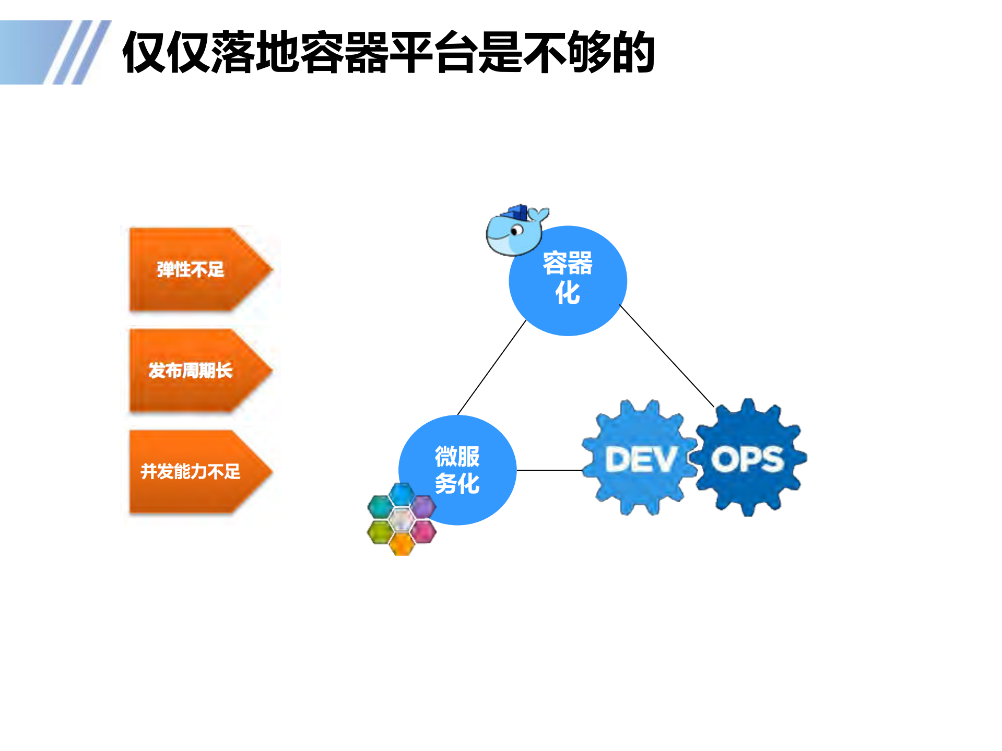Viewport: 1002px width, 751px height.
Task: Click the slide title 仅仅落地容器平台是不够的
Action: pyautogui.click(x=388, y=52)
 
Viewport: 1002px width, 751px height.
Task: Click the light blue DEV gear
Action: pyautogui.click(x=640, y=459)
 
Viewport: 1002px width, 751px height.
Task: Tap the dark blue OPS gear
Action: pyautogui.click(x=749, y=459)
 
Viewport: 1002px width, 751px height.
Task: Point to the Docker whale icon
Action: pyautogui.click(x=514, y=232)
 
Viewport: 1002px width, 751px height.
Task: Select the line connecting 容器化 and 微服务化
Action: pyautogui.click(x=491, y=367)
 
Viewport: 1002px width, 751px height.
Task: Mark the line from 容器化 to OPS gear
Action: pyautogui.click(x=666, y=355)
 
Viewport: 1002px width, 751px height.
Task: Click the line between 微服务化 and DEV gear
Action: pyautogui.click(x=549, y=470)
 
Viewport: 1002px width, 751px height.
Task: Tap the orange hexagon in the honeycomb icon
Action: pyautogui.click(x=402, y=544)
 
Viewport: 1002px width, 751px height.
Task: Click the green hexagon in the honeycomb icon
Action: pyautogui.click(x=380, y=532)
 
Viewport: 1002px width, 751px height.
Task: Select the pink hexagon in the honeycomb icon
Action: pyautogui.click(x=423, y=532)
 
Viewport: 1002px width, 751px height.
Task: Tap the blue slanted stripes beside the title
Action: pyautogui.click(x=78, y=52)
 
